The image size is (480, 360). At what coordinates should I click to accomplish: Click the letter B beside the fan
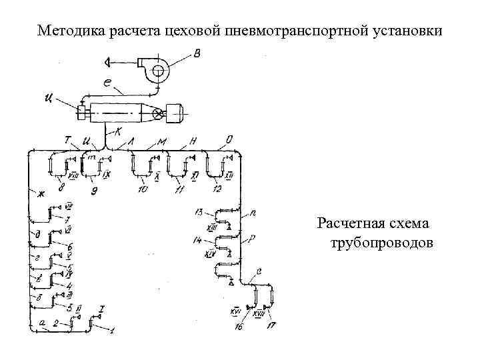click(x=197, y=54)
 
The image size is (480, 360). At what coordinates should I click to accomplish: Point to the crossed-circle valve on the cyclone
click(x=157, y=114)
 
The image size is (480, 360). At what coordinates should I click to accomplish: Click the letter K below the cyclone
click(x=118, y=131)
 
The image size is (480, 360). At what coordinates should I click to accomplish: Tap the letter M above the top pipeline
click(x=163, y=142)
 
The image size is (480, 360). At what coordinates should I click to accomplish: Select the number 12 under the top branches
click(x=215, y=189)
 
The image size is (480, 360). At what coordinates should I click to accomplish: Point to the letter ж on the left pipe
click(x=41, y=194)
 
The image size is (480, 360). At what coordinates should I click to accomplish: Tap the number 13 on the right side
click(x=199, y=212)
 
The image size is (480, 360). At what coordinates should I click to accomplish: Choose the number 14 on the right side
click(x=196, y=239)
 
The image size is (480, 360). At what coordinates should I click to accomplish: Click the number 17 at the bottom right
click(x=270, y=326)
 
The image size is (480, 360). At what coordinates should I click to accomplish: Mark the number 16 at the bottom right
click(x=238, y=327)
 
